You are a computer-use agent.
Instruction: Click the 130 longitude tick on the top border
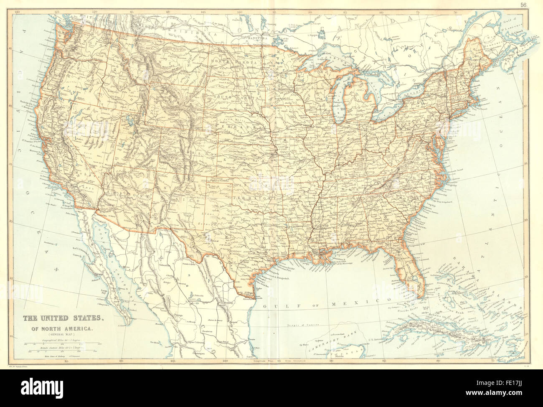18,13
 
